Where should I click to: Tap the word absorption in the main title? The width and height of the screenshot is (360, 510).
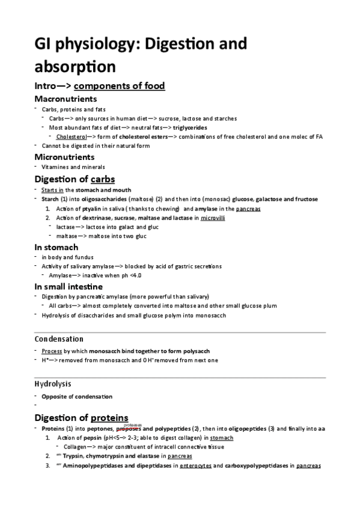click(75, 66)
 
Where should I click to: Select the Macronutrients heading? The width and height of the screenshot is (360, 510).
click(66, 98)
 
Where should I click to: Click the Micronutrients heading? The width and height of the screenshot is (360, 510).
click(64, 156)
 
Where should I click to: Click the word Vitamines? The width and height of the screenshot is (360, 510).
click(56, 167)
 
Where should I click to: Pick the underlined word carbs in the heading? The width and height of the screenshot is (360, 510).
click(103, 179)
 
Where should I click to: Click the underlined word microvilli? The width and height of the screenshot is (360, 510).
click(213, 218)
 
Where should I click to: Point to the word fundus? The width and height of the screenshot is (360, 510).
click(83, 257)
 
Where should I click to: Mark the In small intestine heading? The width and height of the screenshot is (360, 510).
click(69, 286)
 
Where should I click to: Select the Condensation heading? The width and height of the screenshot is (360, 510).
click(59, 339)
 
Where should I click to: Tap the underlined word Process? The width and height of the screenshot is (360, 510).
click(51, 351)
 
